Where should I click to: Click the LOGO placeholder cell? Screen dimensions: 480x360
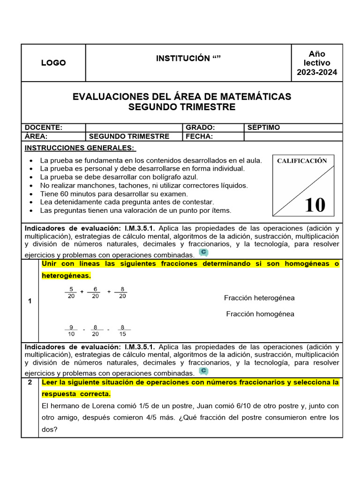pyautogui.click(x=53, y=63)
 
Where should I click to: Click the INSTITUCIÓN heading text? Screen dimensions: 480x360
pyautogui.click(x=188, y=58)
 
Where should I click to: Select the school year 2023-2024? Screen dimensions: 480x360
pyautogui.click(x=317, y=72)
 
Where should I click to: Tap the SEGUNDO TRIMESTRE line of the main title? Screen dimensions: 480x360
pyautogui.click(x=182, y=107)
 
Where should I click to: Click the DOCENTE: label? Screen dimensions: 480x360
pyautogui.click(x=44, y=127)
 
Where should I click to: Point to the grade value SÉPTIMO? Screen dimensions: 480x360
pyautogui.click(x=264, y=127)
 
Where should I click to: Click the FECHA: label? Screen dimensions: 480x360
pyautogui.click(x=199, y=136)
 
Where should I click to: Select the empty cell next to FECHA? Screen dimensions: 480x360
pyautogui.click(x=293, y=136)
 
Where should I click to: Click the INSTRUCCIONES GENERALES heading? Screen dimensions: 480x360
pyautogui.click(x=80, y=148)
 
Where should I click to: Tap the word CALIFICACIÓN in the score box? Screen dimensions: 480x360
pyautogui.click(x=302, y=161)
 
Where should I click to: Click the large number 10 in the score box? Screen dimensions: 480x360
pyautogui.click(x=315, y=205)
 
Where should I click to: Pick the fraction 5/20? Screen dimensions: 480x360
pyautogui.click(x=71, y=292)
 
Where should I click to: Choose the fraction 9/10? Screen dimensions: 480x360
pyautogui.click(x=71, y=330)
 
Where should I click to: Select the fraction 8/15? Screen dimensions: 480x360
pyautogui.click(x=123, y=330)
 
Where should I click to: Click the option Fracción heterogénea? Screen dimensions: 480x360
pyautogui.click(x=259, y=298)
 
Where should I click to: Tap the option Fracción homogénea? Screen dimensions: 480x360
pyautogui.click(x=260, y=314)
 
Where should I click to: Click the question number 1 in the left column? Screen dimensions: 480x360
pyautogui.click(x=30, y=301)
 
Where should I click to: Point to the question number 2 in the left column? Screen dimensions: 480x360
pyautogui.click(x=30, y=382)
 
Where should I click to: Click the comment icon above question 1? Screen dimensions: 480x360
pyautogui.click(x=203, y=253)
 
